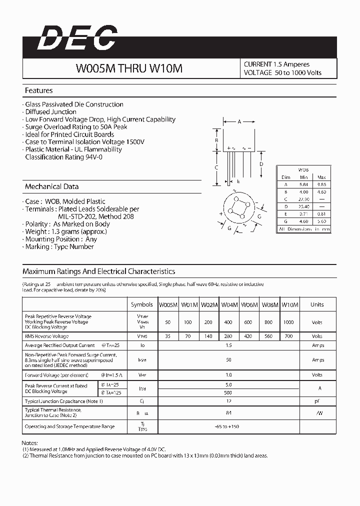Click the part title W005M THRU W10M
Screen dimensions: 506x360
click(129, 69)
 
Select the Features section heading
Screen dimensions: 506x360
click(39, 90)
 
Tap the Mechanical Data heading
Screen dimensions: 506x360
click(52, 186)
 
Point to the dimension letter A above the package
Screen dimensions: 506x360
click(239, 121)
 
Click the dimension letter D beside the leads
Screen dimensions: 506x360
click(261, 164)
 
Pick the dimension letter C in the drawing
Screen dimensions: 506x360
click(216, 167)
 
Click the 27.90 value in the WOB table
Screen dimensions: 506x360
click(303, 199)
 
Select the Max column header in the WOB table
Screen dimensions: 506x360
click(321, 177)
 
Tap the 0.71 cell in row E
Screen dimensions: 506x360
click(303, 213)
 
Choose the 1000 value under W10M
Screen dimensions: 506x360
click(288, 322)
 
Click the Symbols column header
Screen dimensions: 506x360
click(142, 304)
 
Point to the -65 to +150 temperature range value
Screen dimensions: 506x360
click(228, 426)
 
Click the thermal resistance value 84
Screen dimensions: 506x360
click(228, 413)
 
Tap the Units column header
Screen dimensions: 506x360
click(317, 304)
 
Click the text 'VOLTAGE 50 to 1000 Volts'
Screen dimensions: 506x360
click(282, 73)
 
